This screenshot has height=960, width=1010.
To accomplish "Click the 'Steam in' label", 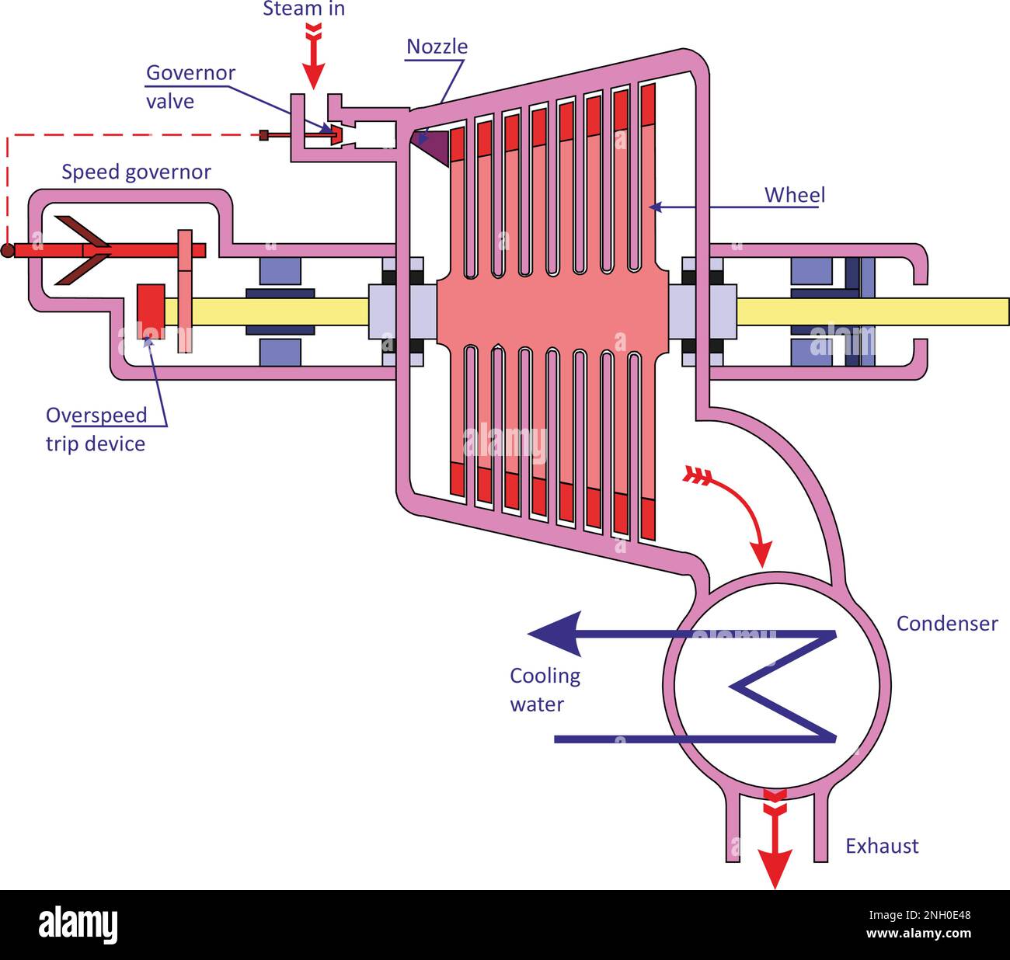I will pyautogui.click(x=304, y=9).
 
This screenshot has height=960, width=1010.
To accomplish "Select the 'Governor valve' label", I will pyautogui.click(x=190, y=87).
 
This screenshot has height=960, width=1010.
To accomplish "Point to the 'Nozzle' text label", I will pyautogui.click(x=437, y=47).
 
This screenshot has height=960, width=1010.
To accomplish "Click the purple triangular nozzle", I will pyautogui.click(x=434, y=144).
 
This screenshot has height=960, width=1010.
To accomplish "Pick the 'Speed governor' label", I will pyautogui.click(x=136, y=172).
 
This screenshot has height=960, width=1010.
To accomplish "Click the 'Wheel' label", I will pyautogui.click(x=795, y=195).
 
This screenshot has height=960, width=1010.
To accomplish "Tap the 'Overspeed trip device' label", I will pyautogui.click(x=96, y=429).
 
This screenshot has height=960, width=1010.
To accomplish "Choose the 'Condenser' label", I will pyautogui.click(x=946, y=624).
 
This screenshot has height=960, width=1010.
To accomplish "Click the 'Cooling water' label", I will pyautogui.click(x=545, y=690).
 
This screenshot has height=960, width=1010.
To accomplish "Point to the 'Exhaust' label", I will pyautogui.click(x=882, y=846).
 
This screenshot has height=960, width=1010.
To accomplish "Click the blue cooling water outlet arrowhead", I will pyautogui.click(x=555, y=634).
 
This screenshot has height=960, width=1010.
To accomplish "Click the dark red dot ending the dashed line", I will pyautogui.click(x=7, y=250).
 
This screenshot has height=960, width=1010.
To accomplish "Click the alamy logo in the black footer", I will pyautogui.click(x=78, y=925).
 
